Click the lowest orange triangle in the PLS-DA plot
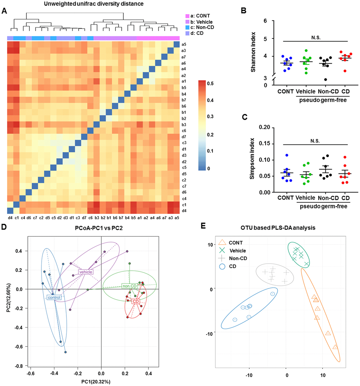pos(335,347)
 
